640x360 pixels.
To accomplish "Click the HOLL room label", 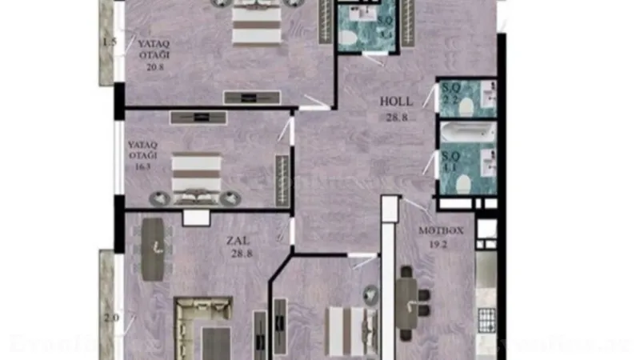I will coord(396,102).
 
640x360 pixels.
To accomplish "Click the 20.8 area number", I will coord(154,67).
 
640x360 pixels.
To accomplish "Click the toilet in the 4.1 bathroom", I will coord(462,183).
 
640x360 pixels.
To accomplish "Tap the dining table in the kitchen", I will coord(408,302).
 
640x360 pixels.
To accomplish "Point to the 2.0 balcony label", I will coord(111,317).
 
